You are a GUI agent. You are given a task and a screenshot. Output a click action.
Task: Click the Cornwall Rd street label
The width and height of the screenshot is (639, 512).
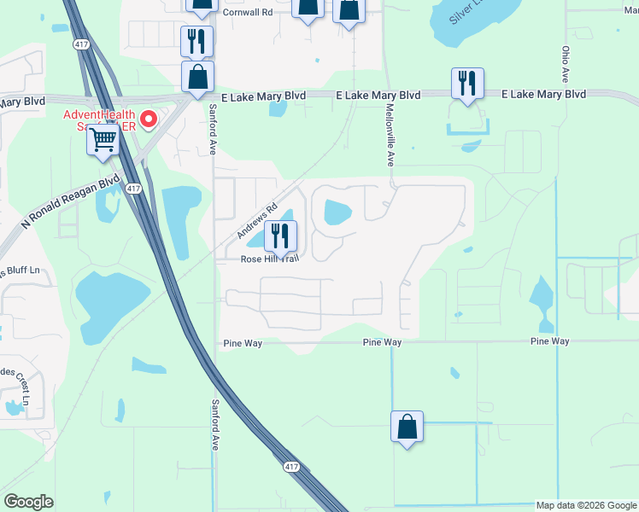point(247,13)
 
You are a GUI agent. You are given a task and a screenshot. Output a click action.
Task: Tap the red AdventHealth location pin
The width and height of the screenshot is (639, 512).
point(149,120)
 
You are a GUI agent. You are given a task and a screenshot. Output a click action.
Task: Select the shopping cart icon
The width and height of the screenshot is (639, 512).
point(103,138)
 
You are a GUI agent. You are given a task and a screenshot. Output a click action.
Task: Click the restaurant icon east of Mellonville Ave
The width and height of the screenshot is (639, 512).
point(467,83)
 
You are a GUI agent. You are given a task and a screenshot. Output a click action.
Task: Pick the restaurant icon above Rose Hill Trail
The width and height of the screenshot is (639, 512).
point(280,235)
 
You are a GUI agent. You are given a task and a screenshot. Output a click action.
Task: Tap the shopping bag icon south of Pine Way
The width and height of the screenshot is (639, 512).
point(407,425)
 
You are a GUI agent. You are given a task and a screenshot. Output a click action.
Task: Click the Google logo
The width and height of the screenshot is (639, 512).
point(28,502)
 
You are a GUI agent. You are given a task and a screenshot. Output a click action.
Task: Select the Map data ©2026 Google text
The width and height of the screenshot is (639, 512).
point(585,505)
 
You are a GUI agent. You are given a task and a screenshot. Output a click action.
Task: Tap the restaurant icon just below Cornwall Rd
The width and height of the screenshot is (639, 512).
point(196,40)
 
